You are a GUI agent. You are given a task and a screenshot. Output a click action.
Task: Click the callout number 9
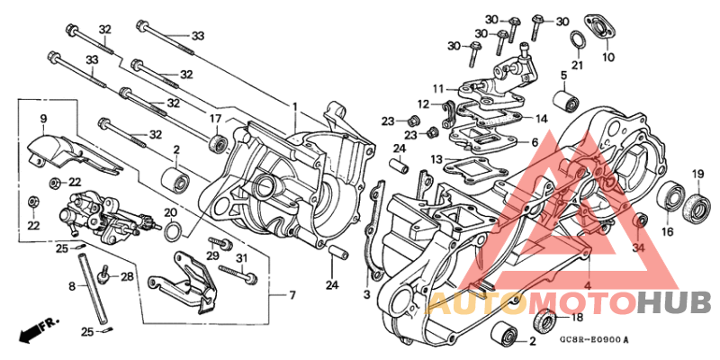[x=41, y=118]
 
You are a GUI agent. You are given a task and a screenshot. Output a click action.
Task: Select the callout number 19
[x=697, y=174]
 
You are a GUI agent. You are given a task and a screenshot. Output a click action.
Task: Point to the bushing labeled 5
[x=566, y=99]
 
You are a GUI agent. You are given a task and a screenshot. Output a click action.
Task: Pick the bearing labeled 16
[x=669, y=195]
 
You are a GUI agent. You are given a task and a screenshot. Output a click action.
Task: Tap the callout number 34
[x=638, y=247]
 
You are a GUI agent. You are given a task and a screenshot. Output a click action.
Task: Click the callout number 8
[x=72, y=286]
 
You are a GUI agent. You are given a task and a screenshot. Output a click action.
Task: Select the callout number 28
[x=127, y=276]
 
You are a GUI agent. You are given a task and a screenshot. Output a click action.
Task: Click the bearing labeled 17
[x=217, y=142]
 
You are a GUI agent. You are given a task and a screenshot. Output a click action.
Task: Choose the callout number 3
[x=366, y=293]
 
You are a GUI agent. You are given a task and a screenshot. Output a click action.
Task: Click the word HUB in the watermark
[x=674, y=302]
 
